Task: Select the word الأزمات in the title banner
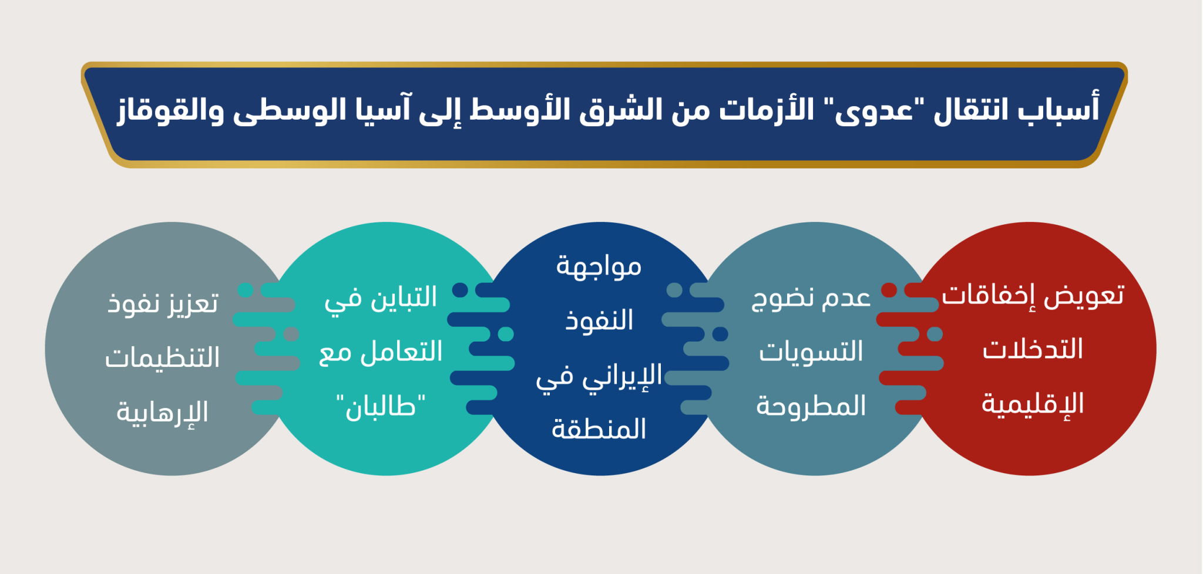tap(767, 109)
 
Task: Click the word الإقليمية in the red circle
tap(1033, 404)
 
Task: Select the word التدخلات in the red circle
tap(1033, 349)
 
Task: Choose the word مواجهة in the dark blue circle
tap(599, 266)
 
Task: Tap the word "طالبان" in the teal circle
tap(381, 406)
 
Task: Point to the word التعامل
tap(402, 351)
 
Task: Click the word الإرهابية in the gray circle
tap(163, 412)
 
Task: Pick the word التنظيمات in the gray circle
tap(163, 357)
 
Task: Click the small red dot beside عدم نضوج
tap(889, 290)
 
